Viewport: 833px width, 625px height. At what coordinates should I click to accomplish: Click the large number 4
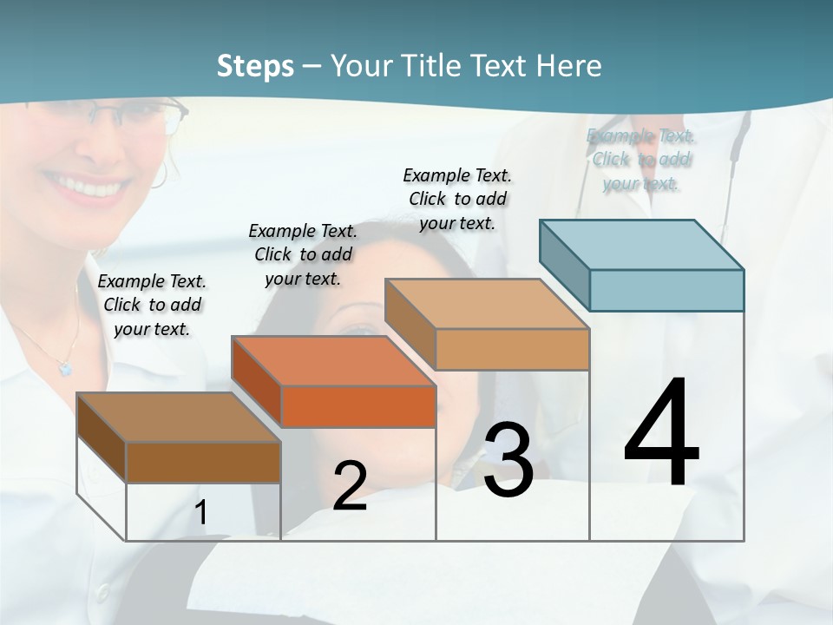661,434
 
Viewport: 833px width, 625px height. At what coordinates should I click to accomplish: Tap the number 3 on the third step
508,460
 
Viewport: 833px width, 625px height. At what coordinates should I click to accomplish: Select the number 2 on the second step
350,486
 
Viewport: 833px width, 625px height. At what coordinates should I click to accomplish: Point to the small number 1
201,513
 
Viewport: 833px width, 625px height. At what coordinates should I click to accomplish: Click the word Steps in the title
255,66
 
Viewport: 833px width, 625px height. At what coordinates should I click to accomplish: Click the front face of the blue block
666,290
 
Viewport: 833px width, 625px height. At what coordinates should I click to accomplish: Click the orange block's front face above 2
358,406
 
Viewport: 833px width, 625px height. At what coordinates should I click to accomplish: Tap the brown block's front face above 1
203,462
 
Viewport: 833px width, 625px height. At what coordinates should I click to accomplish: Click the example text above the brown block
152,306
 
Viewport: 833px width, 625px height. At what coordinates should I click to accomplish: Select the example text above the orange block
303,255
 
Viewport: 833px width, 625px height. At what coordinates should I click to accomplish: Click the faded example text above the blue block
640,160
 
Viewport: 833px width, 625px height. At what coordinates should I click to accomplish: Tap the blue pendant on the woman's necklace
65,368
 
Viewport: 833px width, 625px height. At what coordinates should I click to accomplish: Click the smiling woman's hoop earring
159,174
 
